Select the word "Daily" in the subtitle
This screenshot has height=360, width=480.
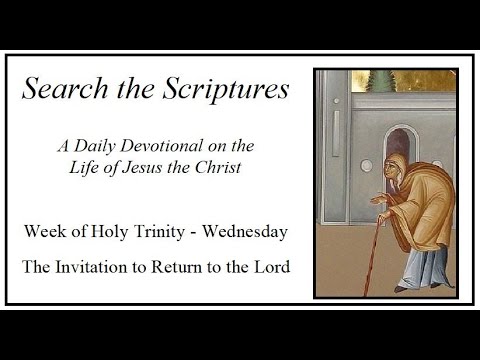click(x=123, y=146)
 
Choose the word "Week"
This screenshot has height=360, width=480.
click(x=45, y=232)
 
